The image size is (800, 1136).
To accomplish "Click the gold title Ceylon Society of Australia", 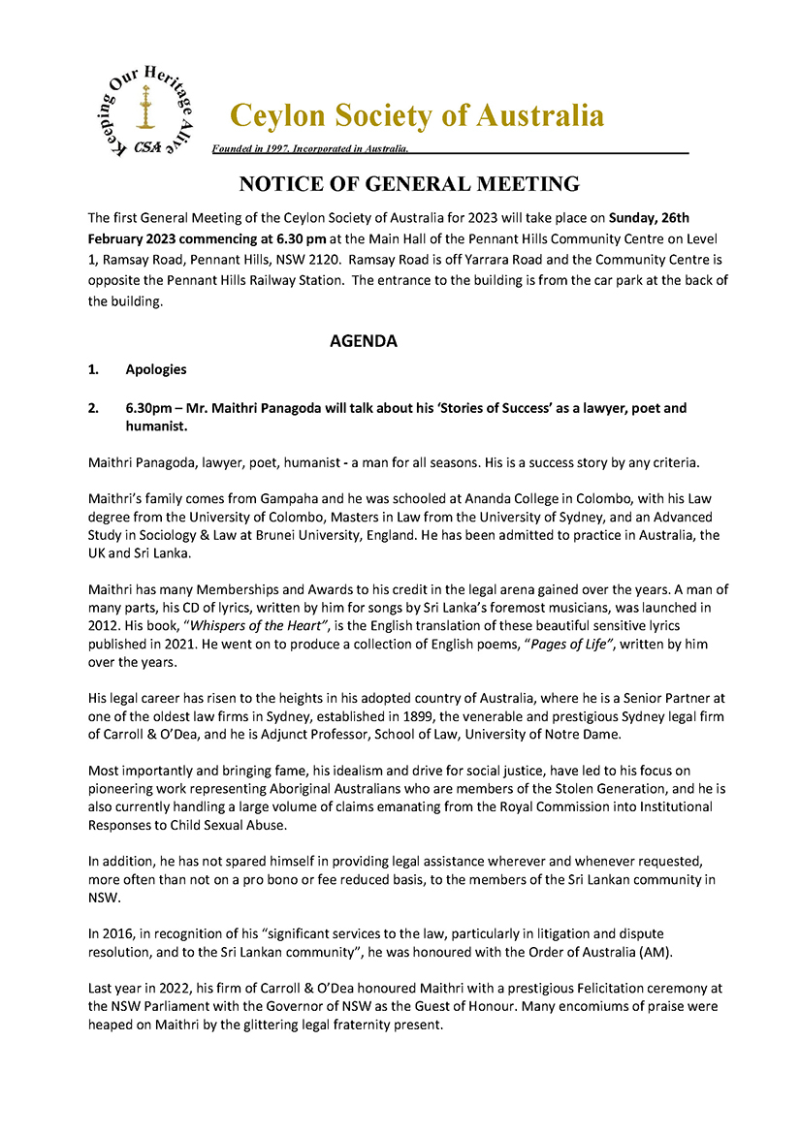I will click(417, 115).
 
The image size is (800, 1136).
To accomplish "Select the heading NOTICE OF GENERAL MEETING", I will click(409, 184).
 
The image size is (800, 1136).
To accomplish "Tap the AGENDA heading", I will click(364, 341).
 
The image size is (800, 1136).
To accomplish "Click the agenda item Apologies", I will click(156, 370).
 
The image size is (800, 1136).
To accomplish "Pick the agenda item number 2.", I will click(93, 408).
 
